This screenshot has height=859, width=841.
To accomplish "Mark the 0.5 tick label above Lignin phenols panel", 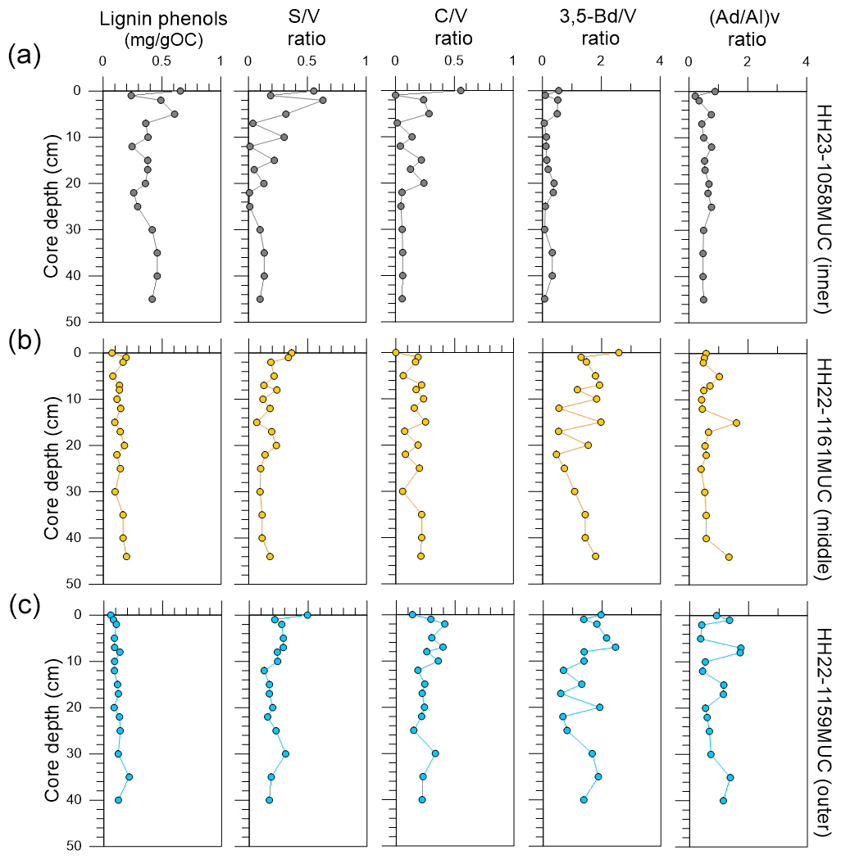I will click(161, 61).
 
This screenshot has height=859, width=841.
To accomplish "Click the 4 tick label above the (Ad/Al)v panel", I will click(807, 61).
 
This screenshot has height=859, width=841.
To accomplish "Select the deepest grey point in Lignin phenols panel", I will click(152, 300).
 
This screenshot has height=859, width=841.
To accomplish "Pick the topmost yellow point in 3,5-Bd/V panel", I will click(619, 352).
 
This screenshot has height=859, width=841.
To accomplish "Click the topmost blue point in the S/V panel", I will click(307, 615).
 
